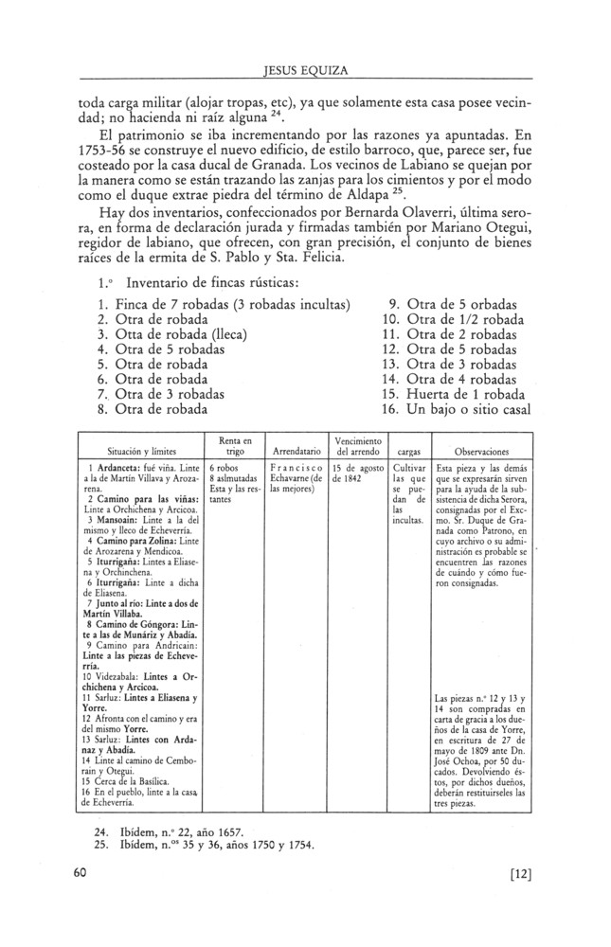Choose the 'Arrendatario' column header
click(294, 452)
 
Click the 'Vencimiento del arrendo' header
click(358, 445)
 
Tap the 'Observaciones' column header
click(483, 452)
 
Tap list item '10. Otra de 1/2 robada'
click(451, 323)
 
